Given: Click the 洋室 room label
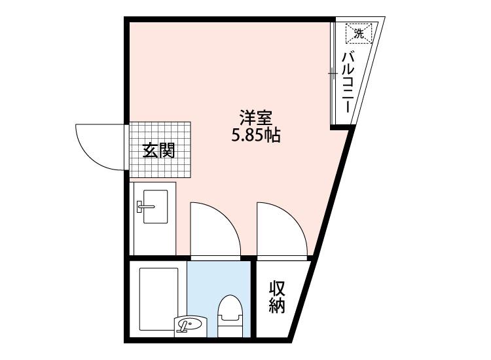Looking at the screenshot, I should (255, 119).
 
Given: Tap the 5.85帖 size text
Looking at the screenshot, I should (255, 137).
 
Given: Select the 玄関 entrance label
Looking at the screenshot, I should (159, 151).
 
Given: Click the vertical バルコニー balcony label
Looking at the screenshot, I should (348, 81).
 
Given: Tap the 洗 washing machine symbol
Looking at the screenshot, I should (358, 32).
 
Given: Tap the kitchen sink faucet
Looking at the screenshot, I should (145, 207).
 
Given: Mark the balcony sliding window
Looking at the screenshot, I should (332, 73).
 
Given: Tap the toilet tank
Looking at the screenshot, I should (229, 330).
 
